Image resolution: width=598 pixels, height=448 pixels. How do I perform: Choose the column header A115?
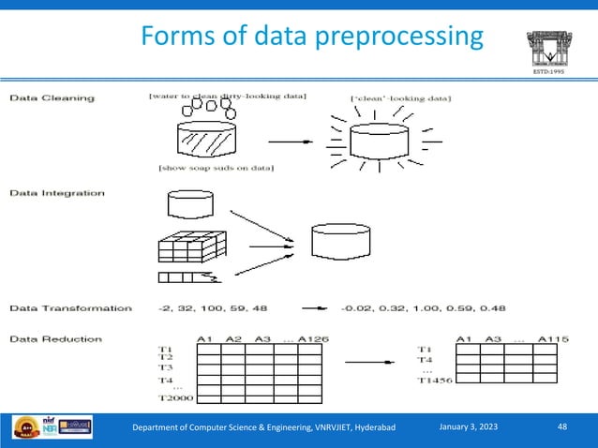(x=555, y=339)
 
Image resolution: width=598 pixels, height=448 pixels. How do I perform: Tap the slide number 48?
(x=561, y=427)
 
